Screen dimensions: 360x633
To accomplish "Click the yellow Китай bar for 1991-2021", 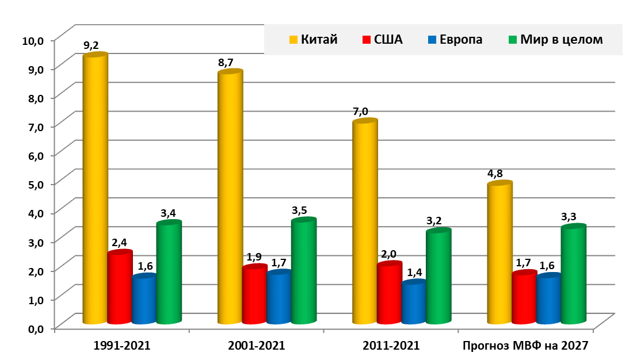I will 95,190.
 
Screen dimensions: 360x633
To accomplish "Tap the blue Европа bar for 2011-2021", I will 414,303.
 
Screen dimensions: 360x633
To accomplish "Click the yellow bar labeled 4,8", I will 499,253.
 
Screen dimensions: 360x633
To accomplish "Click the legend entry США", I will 383,40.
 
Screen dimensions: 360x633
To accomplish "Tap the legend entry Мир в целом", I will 555,40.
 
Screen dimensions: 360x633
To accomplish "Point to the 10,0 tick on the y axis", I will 33,41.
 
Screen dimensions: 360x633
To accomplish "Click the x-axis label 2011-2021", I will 391,346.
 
